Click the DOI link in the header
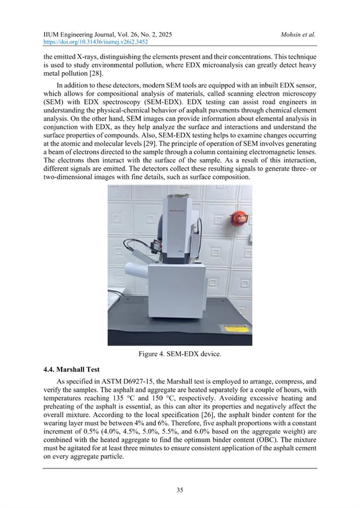tap(95, 43)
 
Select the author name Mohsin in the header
tap(293, 35)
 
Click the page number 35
tap(179, 489)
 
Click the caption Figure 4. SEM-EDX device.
tap(180, 355)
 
